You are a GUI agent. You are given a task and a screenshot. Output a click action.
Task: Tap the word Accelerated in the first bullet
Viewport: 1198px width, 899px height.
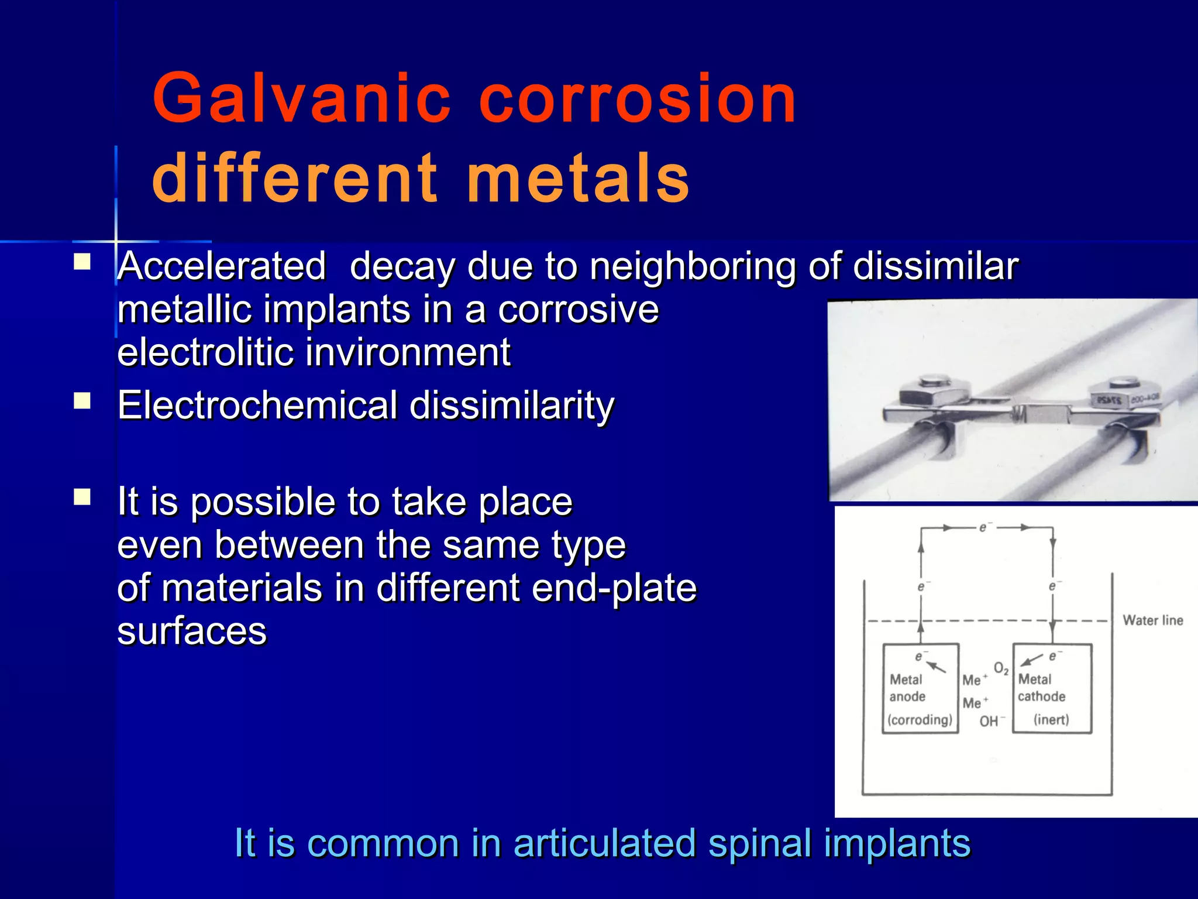click(222, 266)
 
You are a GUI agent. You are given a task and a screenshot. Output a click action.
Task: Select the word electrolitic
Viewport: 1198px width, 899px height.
click(205, 353)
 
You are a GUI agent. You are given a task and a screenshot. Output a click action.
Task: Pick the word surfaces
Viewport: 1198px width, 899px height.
click(192, 632)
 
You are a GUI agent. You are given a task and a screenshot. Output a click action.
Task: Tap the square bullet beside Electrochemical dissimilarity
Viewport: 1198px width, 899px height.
click(82, 402)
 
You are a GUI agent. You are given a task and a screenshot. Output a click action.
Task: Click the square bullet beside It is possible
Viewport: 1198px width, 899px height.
click(82, 497)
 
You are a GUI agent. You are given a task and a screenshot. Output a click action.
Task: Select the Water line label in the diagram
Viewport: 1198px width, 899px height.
click(1152, 620)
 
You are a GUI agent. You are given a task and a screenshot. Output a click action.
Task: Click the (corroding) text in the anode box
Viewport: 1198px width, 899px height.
click(920, 720)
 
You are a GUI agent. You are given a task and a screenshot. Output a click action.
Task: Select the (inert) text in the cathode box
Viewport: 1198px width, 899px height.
click(1051, 720)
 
